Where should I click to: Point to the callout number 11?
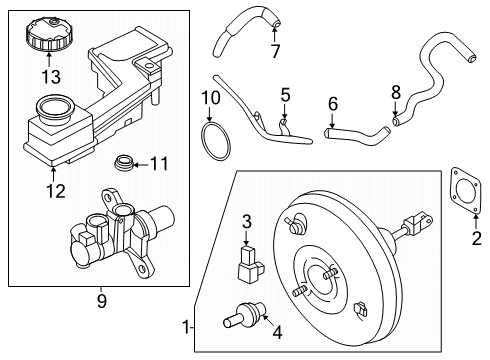(161, 161)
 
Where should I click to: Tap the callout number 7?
(276, 50)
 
